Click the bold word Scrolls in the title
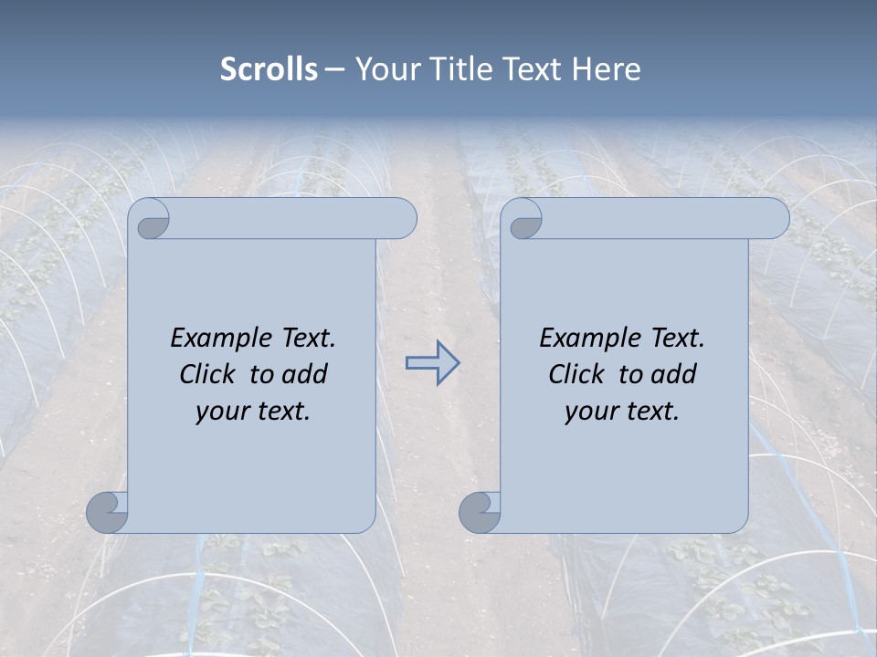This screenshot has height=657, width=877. pyautogui.click(x=269, y=68)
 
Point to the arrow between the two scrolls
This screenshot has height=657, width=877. pyautogui.click(x=432, y=362)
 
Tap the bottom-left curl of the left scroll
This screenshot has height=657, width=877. pyautogui.click(x=107, y=512)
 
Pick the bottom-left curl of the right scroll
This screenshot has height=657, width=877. pyautogui.click(x=480, y=512)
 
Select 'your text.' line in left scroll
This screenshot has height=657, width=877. pyautogui.click(x=253, y=411)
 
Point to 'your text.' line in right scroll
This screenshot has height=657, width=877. pyautogui.click(x=622, y=411)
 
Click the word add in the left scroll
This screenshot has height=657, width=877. pyautogui.click(x=304, y=374)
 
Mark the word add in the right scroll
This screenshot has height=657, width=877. pyautogui.click(x=673, y=374)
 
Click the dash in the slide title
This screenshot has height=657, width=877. pyautogui.click(x=335, y=69)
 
